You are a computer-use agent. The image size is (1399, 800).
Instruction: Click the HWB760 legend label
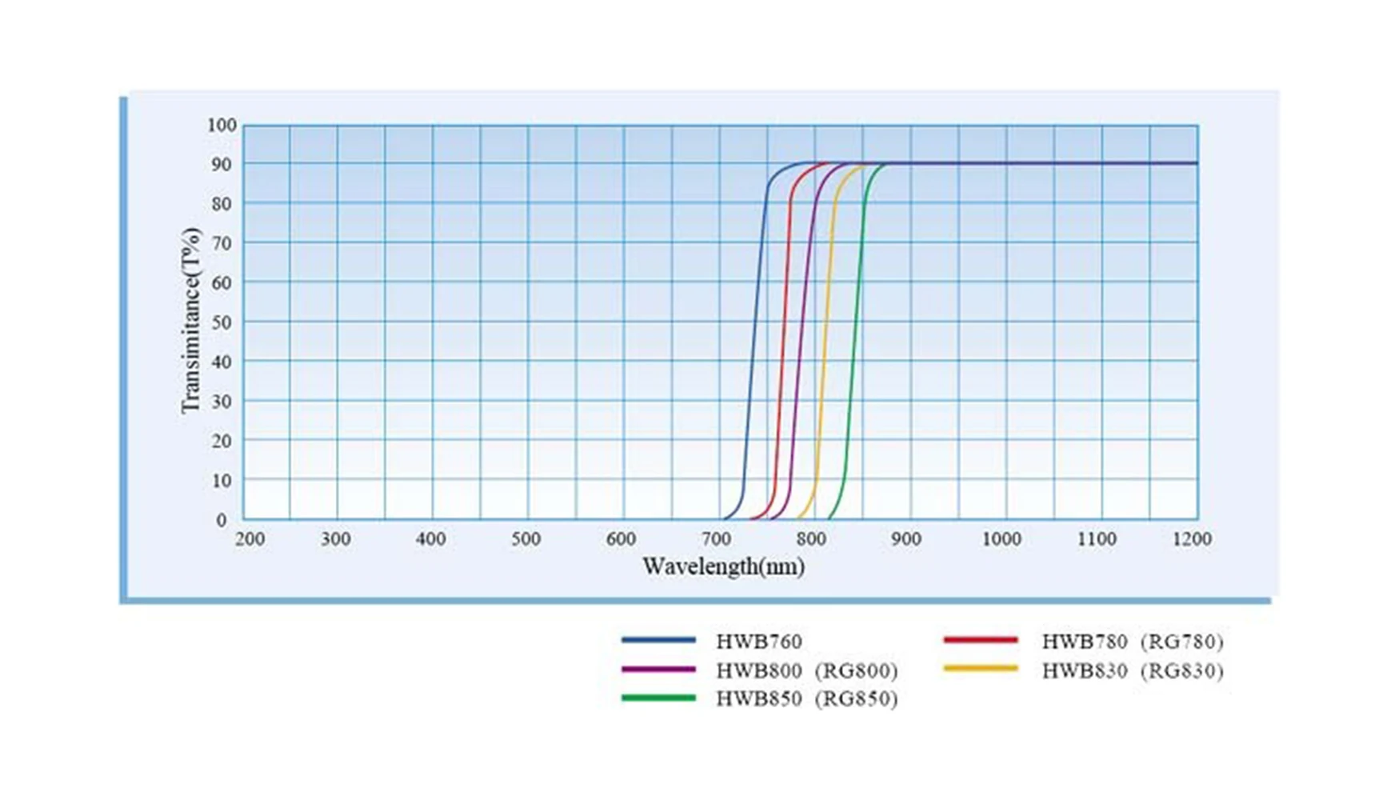tap(758, 642)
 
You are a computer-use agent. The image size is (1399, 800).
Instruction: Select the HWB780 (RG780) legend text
tap(1132, 642)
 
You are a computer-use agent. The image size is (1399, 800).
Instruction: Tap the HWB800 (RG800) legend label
tap(806, 670)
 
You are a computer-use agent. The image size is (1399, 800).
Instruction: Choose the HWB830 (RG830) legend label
tap(1132, 670)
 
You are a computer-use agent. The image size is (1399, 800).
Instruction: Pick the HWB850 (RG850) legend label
tap(806, 699)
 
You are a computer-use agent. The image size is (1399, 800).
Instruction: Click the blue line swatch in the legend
tap(658, 640)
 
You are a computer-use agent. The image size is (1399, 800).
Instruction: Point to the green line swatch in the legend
tap(658, 698)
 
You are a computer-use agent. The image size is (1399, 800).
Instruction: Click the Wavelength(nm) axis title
tap(723, 567)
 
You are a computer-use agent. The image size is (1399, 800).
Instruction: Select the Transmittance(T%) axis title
tap(190, 321)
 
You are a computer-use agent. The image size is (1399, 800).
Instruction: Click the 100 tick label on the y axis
tap(222, 126)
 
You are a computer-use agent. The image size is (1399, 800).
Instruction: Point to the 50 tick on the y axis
tap(222, 322)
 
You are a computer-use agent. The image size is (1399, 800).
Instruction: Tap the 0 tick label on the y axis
tap(222, 520)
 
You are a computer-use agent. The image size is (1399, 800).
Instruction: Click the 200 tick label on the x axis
tap(250, 540)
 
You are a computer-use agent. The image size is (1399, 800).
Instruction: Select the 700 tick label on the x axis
tap(717, 540)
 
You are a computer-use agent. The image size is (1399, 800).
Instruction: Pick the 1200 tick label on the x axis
tap(1192, 540)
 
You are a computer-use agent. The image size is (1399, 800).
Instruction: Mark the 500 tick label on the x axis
tap(526, 540)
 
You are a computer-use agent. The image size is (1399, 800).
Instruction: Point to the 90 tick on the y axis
tap(222, 165)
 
